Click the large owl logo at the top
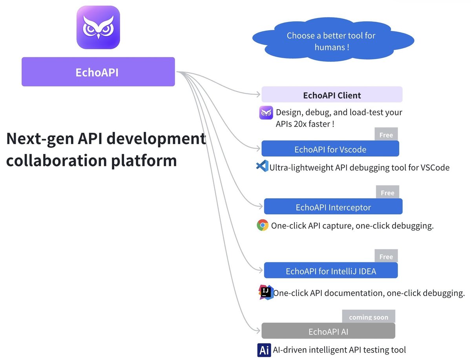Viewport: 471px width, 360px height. point(98,27)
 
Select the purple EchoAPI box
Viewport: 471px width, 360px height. point(98,72)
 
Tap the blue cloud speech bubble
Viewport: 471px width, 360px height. point(332,41)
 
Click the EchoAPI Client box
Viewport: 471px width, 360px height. point(332,95)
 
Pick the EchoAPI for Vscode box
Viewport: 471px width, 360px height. point(330,149)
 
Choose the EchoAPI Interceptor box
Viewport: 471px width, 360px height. point(333,207)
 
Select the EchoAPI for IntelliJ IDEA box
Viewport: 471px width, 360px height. point(330,271)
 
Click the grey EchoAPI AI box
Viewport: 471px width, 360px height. point(328,331)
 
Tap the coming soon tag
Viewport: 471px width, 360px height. point(369,316)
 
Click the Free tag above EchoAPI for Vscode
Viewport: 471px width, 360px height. point(386,134)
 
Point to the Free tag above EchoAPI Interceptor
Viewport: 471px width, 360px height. point(387,192)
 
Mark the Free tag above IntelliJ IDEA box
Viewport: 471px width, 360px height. point(386,256)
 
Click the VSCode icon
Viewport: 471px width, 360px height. point(262,166)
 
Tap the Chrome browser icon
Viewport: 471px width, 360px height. point(263,225)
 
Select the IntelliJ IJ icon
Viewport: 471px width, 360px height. point(265,292)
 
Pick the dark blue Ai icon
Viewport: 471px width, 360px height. point(264,349)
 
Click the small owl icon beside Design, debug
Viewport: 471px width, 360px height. point(266,113)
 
